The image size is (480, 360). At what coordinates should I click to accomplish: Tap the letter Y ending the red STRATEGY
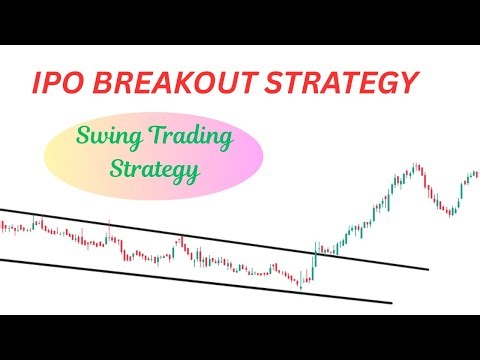pos(403,83)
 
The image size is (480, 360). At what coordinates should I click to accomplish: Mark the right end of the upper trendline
pos(428,268)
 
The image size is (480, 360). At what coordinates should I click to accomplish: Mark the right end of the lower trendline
pos(392,302)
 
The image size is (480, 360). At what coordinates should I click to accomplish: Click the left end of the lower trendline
pos(2,261)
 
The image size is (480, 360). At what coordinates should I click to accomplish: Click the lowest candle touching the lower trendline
pos(301,284)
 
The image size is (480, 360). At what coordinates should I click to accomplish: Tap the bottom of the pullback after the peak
pos(451,213)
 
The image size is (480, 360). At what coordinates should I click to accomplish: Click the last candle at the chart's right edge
pos(476,176)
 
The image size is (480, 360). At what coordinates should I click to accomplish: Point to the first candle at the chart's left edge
pos(2,228)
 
